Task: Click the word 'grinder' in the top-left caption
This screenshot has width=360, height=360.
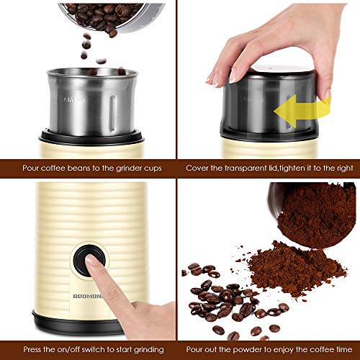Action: point(122,168)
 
